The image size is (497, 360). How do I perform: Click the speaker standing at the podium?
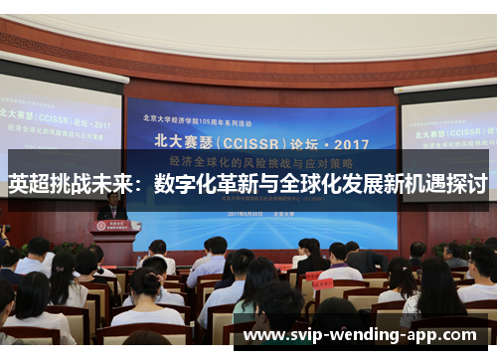(112, 206)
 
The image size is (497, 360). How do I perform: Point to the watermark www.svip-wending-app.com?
(359, 334)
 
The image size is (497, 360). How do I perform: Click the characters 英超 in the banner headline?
(28, 184)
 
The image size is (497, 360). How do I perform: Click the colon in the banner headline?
(143, 184)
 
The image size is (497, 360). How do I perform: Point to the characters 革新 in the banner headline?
(240, 184)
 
